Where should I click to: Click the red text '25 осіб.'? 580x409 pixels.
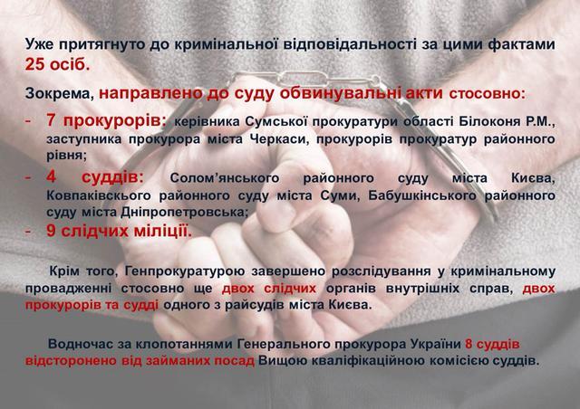coord(57,64)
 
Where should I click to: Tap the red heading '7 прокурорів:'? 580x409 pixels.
coord(107,120)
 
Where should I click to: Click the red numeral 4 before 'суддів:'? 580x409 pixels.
coord(51,177)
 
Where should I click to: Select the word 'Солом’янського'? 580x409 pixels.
coord(225,178)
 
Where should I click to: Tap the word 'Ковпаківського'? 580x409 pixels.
coord(99,195)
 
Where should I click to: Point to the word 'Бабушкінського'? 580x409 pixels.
coord(422,195)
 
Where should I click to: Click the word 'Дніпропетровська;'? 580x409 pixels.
coord(184,212)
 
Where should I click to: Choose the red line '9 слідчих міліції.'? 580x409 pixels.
coord(119,232)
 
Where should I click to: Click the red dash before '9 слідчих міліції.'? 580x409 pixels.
coord(28,232)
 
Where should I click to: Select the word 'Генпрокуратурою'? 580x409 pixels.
coord(185,271)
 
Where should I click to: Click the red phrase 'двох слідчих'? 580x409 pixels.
coord(269,288)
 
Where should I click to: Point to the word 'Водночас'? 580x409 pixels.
coord(79,344)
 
